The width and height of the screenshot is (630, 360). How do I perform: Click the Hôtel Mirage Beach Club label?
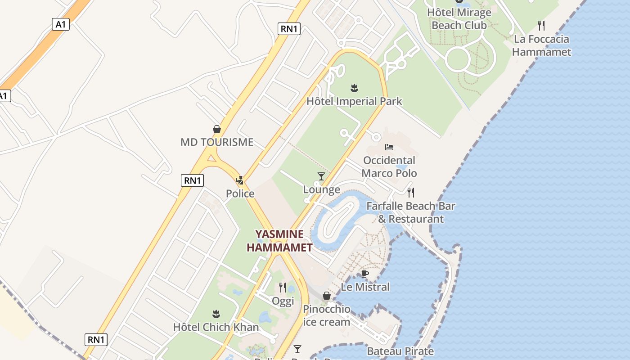pos(459,19)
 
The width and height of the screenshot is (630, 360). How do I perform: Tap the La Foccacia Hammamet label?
pos(541,45)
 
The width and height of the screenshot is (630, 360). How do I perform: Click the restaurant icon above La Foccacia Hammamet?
pos(541,26)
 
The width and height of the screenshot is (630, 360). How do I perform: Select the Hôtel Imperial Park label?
pos(354,101)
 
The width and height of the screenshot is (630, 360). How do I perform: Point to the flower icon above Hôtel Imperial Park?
pos(354,88)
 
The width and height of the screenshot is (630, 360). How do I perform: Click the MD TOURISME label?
pos(217,142)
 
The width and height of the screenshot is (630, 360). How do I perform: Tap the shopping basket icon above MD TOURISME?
pos(217,130)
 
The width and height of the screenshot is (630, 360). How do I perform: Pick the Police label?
pos(240,193)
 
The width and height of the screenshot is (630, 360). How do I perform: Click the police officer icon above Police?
pos(240,180)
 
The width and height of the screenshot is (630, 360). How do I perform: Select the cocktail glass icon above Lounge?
pos(321,176)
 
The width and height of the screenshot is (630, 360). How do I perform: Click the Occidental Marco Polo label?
pos(389,166)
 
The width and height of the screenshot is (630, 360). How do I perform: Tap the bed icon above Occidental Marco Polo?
pos(389,147)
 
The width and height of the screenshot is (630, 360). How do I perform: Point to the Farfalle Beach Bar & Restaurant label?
pos(410,212)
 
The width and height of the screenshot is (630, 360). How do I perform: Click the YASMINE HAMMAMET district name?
pos(279,241)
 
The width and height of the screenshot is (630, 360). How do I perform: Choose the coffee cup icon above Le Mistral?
pos(365,274)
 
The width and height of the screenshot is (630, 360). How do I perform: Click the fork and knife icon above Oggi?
pos(283,287)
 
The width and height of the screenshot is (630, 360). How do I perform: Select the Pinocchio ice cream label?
pos(327,315)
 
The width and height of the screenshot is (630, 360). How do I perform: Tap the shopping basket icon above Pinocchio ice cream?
pos(327,296)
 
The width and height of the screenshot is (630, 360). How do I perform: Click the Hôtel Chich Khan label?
pos(216,327)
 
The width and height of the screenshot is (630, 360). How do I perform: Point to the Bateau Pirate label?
pos(400,351)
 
